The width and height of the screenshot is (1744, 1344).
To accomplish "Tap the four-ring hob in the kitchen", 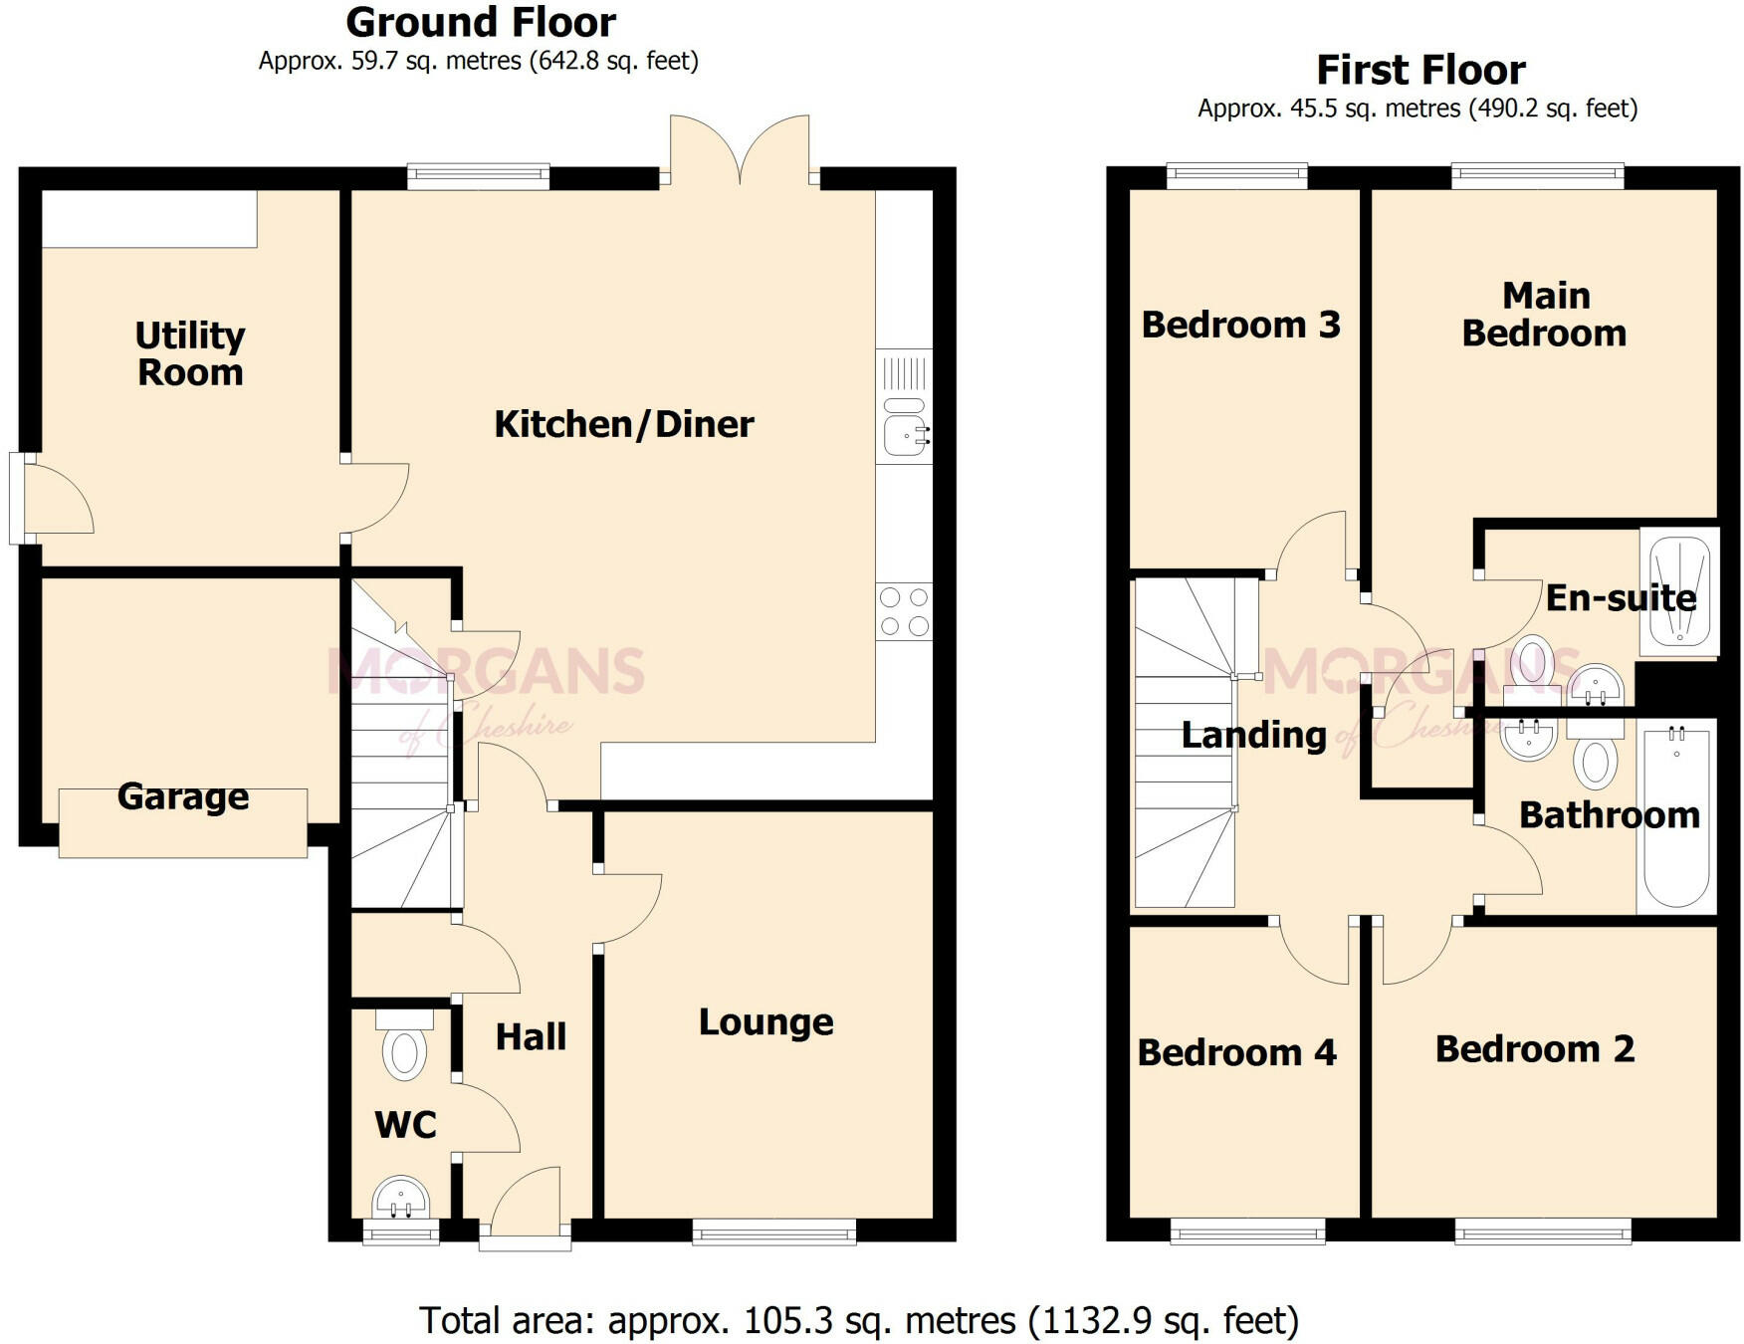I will (x=904, y=611).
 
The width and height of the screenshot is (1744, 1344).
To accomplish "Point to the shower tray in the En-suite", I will (x=1679, y=591).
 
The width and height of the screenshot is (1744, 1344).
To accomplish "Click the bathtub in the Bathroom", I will (x=1676, y=816).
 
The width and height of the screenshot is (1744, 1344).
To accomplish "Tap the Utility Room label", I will (x=190, y=353).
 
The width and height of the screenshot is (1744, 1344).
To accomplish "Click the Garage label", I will (x=183, y=796).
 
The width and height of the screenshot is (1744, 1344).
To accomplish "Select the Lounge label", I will (x=765, y=1022).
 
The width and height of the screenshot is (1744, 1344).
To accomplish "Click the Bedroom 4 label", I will (x=1236, y=1052).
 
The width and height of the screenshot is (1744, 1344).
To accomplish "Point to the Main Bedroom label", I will (x=1544, y=314).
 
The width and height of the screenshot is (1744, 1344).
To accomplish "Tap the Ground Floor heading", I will (x=481, y=22).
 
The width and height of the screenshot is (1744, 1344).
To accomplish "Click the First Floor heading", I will (x=1420, y=70).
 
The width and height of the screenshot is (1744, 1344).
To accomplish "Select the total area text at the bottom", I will (x=858, y=1321).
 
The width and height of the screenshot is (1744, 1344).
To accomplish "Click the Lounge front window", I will (x=774, y=1232).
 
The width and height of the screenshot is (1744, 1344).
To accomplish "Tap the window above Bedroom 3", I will (x=1237, y=176).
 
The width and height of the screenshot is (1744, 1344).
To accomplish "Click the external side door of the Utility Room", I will (x=18, y=499).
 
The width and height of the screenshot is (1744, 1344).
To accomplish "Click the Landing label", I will (x=1253, y=736).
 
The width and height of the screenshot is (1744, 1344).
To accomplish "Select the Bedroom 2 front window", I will (x=1542, y=1232).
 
